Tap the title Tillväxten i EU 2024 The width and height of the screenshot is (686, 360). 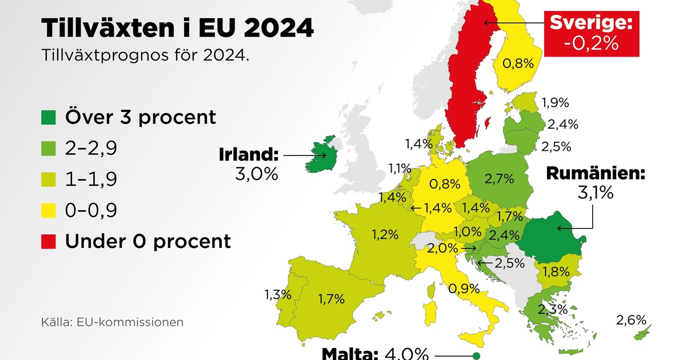coord(177,27)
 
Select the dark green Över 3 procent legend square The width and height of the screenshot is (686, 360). coord(49,117)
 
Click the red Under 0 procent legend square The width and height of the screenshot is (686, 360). coord(49,241)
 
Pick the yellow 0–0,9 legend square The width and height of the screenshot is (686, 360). coord(49,210)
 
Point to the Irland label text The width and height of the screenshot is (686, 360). coord(249,154)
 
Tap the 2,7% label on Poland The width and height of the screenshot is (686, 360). coord(497,179)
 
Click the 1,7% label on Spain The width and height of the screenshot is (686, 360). coord(331,298)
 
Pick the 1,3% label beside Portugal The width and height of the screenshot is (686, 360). coord(278,295)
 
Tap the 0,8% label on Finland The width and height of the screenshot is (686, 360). coord(513,63)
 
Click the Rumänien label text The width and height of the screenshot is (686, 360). coord(596,173)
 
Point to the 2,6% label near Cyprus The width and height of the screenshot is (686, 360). coord(631,320)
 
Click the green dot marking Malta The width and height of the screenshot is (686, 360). coord(476,356)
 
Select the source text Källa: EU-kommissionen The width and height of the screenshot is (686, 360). coord(112,322)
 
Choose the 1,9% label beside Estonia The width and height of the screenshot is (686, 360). coord(555,103)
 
